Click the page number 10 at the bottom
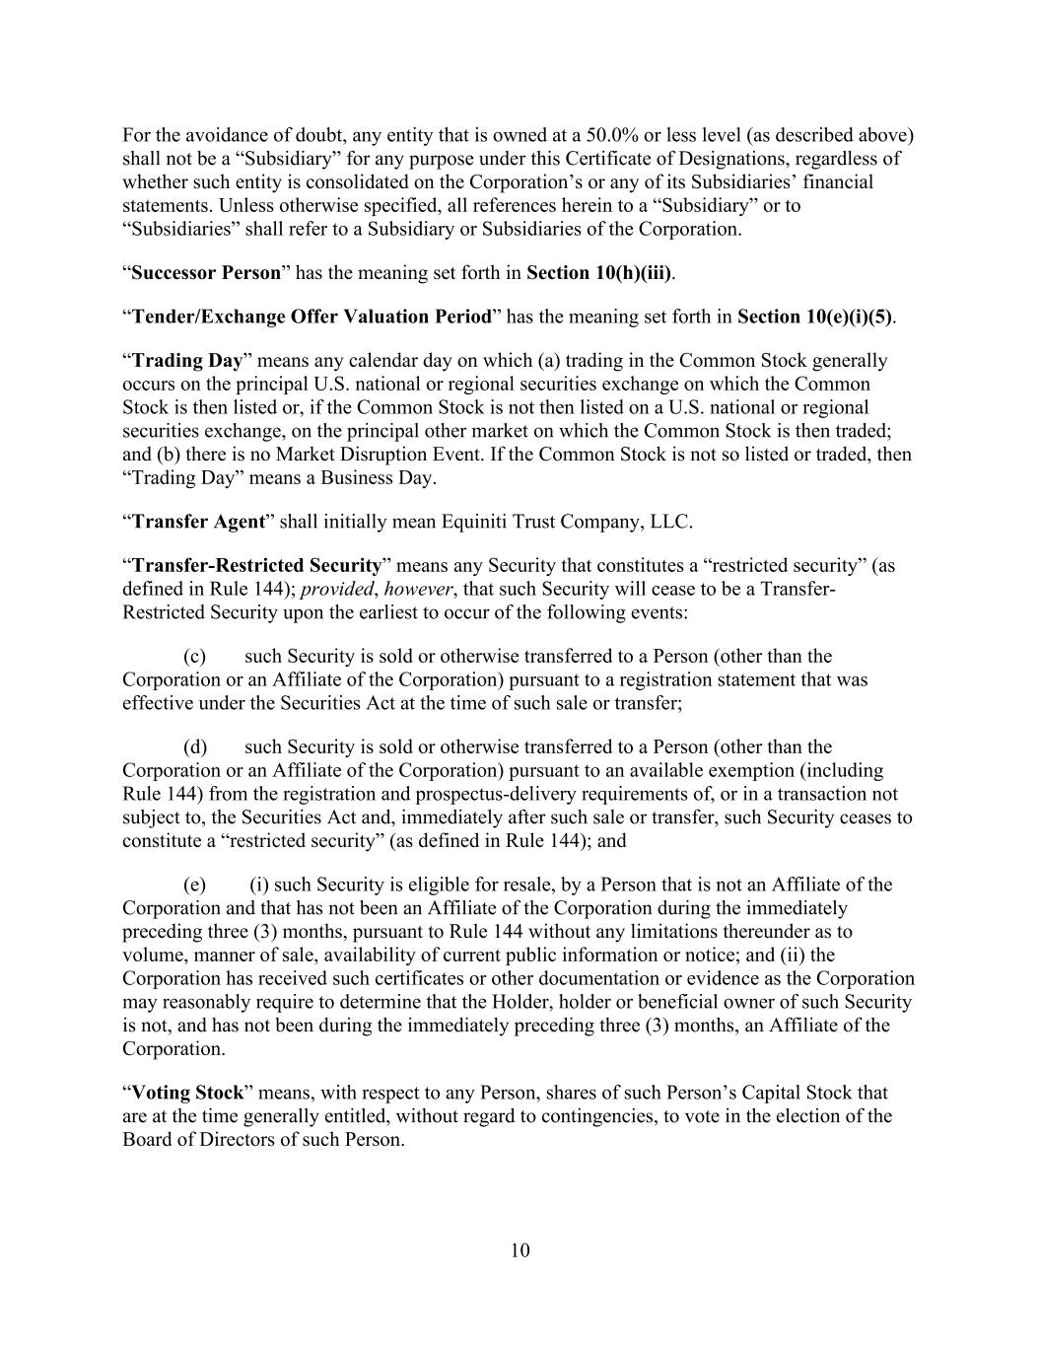click(x=520, y=1250)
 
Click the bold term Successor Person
click(x=206, y=273)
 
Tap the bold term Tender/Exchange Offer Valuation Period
click(x=312, y=317)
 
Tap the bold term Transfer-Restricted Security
click(x=256, y=566)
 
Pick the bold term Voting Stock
click(x=187, y=1093)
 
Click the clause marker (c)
click(x=195, y=657)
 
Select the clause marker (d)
click(x=195, y=747)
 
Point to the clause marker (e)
click(x=195, y=885)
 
